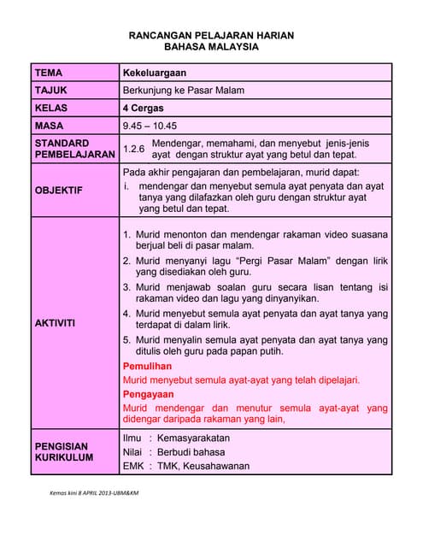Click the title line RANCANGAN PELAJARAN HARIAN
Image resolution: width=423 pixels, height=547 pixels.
(211, 35)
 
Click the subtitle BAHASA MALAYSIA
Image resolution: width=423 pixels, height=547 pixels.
(211, 48)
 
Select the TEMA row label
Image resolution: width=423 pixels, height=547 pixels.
(49, 74)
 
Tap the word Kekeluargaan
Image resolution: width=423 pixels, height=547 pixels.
(155, 74)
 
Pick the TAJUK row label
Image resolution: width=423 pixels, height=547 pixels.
(51, 91)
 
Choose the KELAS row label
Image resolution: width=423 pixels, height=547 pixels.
(51, 109)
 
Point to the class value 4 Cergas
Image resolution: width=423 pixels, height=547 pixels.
(143, 109)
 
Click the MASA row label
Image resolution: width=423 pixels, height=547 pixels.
(50, 126)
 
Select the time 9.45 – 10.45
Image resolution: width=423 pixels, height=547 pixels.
(150, 126)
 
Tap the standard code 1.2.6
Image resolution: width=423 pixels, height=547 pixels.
(133, 149)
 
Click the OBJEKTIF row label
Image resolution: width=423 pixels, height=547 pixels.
(59, 190)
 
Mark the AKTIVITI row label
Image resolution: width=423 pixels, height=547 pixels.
(56, 323)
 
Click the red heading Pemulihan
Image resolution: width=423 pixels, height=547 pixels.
(148, 366)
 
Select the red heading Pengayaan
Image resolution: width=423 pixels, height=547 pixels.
(149, 394)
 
